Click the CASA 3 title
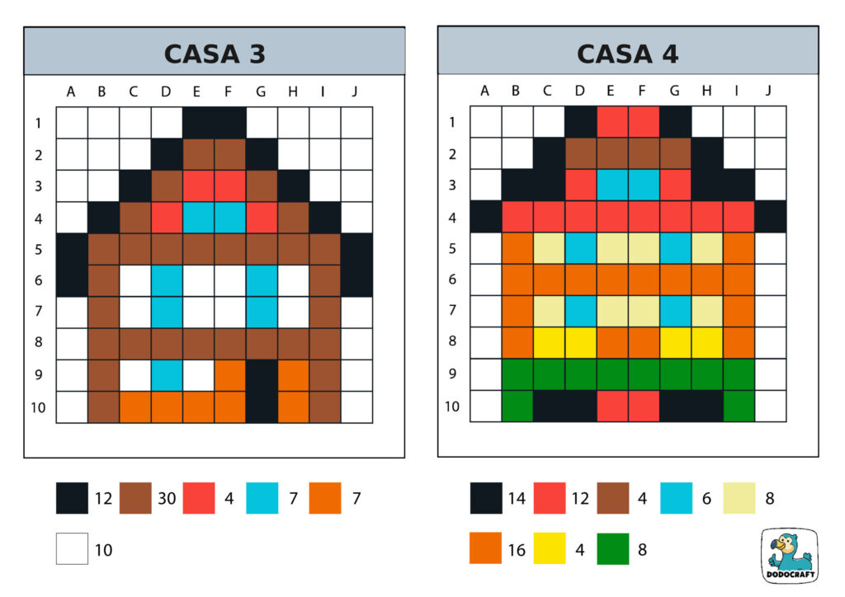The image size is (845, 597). [214, 54]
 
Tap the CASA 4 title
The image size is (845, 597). [627, 54]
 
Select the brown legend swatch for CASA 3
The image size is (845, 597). [135, 498]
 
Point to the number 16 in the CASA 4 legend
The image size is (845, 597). [517, 549]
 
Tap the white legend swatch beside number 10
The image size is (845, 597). [72, 548]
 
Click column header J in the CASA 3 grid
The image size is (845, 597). [355, 92]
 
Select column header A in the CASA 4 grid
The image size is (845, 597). [485, 92]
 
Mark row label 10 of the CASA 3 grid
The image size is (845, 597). [39, 407]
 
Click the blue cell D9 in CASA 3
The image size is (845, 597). [167, 375]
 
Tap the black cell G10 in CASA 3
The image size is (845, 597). [262, 407]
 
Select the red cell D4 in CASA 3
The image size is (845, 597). [167, 217]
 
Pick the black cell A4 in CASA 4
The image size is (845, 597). [486, 217]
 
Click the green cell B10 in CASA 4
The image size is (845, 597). [517, 407]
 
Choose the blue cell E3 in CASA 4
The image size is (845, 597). [611, 186]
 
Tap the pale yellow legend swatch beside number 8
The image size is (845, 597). [739, 498]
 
